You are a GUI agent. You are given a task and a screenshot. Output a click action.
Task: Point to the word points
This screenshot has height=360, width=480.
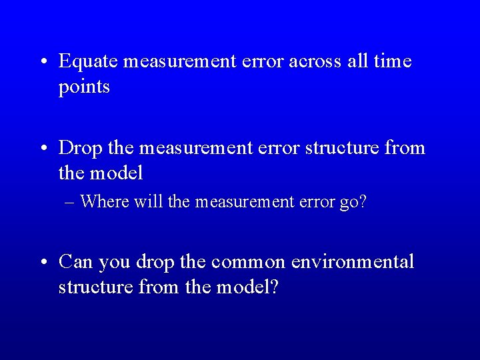[x=84, y=87]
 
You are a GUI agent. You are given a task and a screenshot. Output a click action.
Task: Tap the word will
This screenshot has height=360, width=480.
[x=143, y=201]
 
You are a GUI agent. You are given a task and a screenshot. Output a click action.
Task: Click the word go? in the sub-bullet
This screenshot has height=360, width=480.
[x=353, y=201]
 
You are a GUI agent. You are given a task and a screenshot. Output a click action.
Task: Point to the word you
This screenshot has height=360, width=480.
[x=114, y=262]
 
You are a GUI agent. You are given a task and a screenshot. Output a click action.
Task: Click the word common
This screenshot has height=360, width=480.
[x=249, y=262]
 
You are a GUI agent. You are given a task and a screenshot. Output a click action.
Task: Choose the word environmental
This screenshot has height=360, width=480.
[x=353, y=262]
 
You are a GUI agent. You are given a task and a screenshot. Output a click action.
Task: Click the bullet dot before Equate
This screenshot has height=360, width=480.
[x=42, y=63]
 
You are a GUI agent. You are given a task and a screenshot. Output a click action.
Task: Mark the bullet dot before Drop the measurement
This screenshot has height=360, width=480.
[x=42, y=148]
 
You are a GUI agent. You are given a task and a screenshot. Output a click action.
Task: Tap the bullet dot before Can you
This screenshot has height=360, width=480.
[x=42, y=263]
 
